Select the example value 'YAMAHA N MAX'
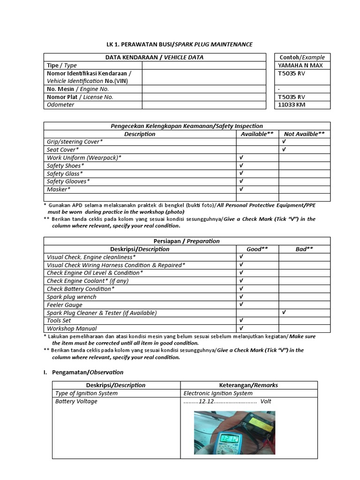pos(300,66)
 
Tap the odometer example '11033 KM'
pos(292,105)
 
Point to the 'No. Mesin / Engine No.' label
pos(78,89)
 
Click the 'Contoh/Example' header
pos(302,58)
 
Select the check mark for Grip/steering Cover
pos(284,142)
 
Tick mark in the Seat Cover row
pos(284,150)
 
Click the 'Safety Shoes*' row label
pos(66,165)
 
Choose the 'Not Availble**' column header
pos(304,134)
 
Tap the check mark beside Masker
pos(241,189)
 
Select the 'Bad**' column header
pos(304,249)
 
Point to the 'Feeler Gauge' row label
pos(65,305)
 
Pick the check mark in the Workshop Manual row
pos(241,329)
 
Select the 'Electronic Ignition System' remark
pos(218,393)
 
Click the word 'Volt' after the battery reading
pos(266,401)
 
